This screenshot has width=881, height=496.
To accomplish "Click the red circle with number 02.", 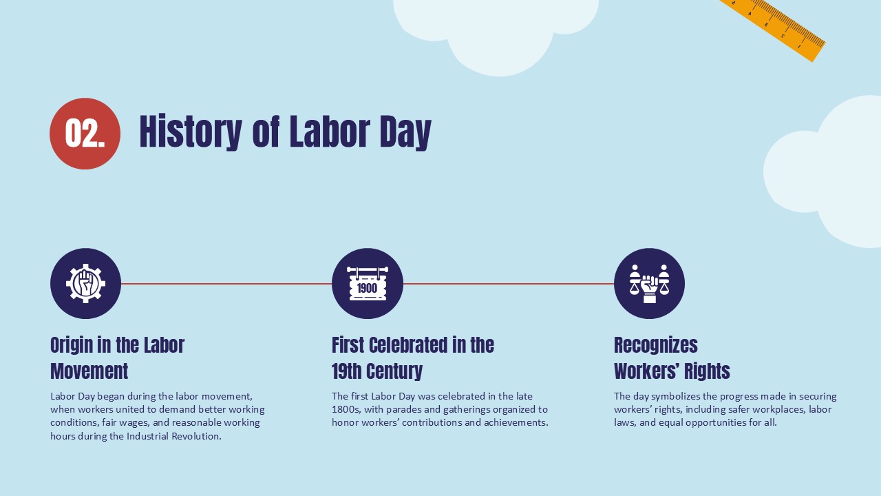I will point(85,134).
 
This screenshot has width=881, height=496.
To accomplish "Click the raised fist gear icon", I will point(85,283).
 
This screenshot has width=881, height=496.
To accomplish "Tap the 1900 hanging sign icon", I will point(367,283).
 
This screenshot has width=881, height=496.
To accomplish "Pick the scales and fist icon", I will point(649,283).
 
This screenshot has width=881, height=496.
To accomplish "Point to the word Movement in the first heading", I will point(89,371).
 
